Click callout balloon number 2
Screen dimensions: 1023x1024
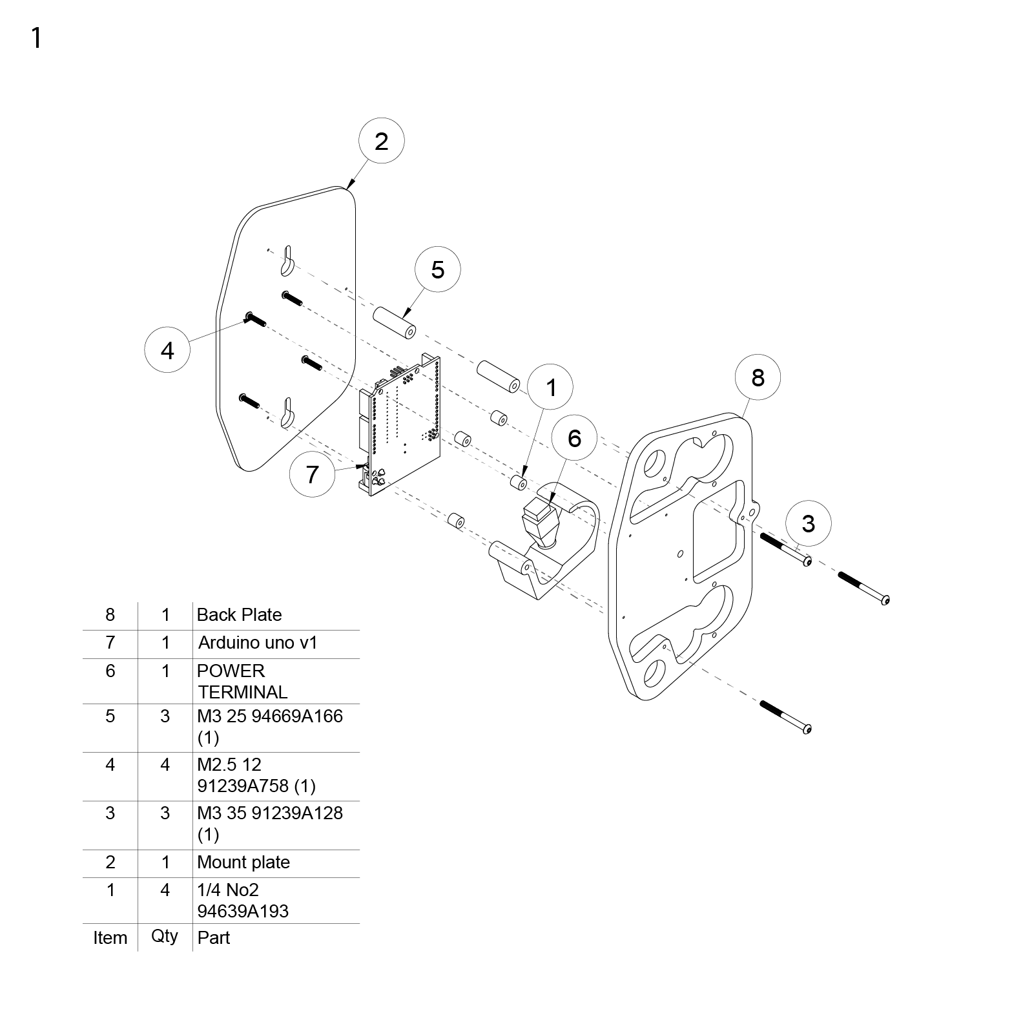click(381, 141)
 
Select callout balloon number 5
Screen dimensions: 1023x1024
click(437, 269)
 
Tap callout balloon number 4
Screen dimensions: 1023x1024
click(167, 350)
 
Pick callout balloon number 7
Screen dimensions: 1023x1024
click(313, 474)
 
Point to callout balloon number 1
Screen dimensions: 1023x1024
click(551, 387)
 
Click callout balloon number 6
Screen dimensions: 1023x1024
click(575, 438)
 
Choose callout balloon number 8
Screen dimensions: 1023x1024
click(758, 377)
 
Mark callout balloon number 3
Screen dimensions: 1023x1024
click(809, 523)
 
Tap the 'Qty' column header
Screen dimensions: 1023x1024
click(165, 936)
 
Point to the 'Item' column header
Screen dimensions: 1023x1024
click(110, 937)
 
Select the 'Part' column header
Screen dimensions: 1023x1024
click(214, 937)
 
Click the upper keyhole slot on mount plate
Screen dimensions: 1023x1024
click(287, 259)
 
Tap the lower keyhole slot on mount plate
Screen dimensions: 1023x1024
click(287, 413)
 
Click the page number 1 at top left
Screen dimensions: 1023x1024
click(37, 38)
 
